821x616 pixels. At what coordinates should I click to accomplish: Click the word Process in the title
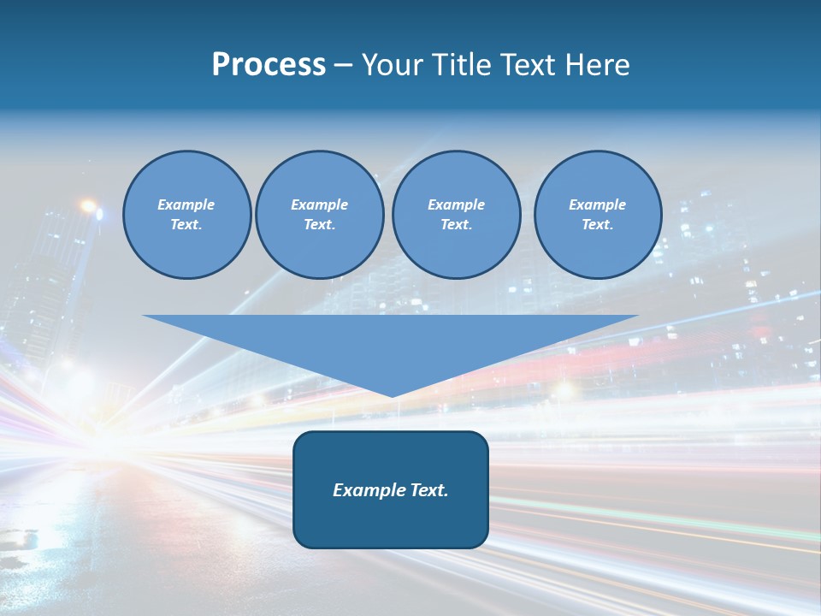click(x=269, y=65)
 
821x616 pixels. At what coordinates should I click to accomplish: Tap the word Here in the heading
click(x=595, y=65)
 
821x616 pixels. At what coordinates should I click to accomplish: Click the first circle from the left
click(x=186, y=215)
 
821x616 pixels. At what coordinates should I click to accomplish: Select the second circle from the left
click(x=319, y=215)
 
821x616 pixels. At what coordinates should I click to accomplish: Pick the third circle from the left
click(x=456, y=215)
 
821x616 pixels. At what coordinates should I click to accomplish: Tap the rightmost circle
click(x=597, y=215)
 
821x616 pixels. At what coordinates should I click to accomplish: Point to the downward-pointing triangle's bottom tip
click(x=391, y=395)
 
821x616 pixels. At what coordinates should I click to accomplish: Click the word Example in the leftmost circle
click(x=186, y=204)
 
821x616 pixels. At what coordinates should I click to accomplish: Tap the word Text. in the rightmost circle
click(x=597, y=225)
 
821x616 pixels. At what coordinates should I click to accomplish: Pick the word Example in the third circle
click(x=456, y=204)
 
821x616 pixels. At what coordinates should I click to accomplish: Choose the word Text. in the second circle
click(x=319, y=225)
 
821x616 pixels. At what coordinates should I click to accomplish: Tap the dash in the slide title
click(x=344, y=65)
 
